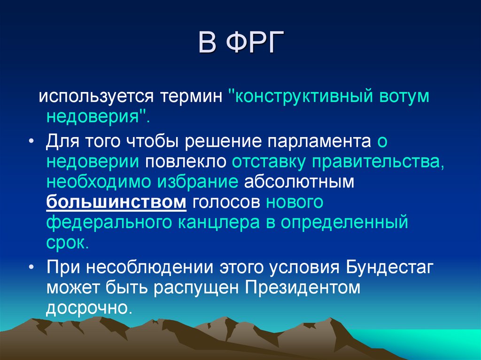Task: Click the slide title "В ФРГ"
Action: point(240,43)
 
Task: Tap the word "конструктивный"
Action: point(300,98)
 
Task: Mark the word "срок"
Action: point(67,244)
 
